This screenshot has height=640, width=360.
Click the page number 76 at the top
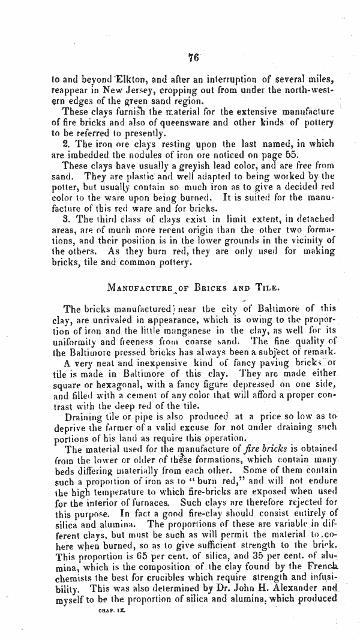193,58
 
